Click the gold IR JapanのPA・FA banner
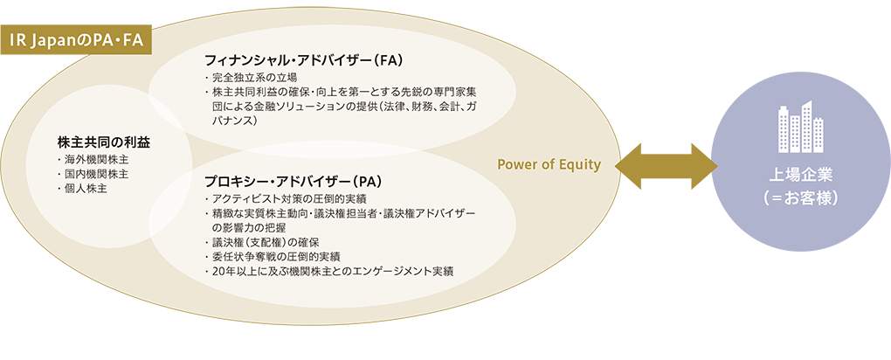coord(76,40)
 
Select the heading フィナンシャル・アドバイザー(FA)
coord(304,59)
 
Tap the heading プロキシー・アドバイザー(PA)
coord(294,182)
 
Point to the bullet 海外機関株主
coord(93,161)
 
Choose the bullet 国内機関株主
coord(93,175)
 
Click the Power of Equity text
coord(549,165)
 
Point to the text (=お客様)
coord(801,199)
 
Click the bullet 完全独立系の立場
coord(252,78)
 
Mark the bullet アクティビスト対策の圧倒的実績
coord(286,199)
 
